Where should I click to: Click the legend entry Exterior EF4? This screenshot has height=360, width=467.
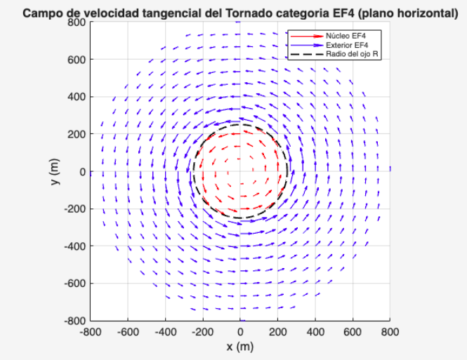pos(343,44)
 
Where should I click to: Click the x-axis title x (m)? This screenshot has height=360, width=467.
pos(239,347)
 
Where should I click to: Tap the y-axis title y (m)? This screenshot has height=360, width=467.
pos(55,171)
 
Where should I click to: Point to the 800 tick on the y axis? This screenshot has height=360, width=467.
pos(77,22)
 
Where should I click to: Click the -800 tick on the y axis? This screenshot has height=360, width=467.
pos(75,321)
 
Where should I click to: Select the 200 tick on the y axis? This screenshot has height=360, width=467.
pos(77,134)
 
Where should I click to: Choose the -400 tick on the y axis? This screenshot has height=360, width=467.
pos(75,246)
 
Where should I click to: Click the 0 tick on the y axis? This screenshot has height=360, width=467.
pos(81,171)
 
